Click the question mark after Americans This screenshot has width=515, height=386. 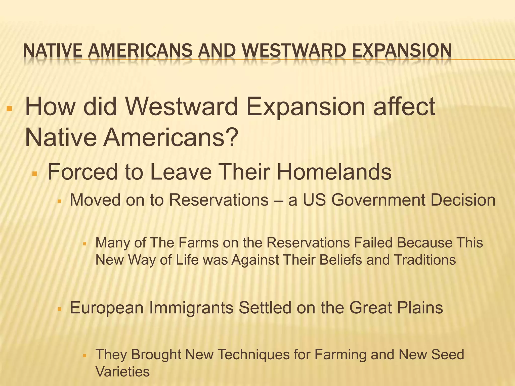[x=231, y=138]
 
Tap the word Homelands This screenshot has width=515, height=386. [x=334, y=172]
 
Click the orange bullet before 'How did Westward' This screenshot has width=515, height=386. [x=10, y=109]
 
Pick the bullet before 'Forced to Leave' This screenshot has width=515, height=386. [x=35, y=174]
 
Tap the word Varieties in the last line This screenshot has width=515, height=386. [x=123, y=372]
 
